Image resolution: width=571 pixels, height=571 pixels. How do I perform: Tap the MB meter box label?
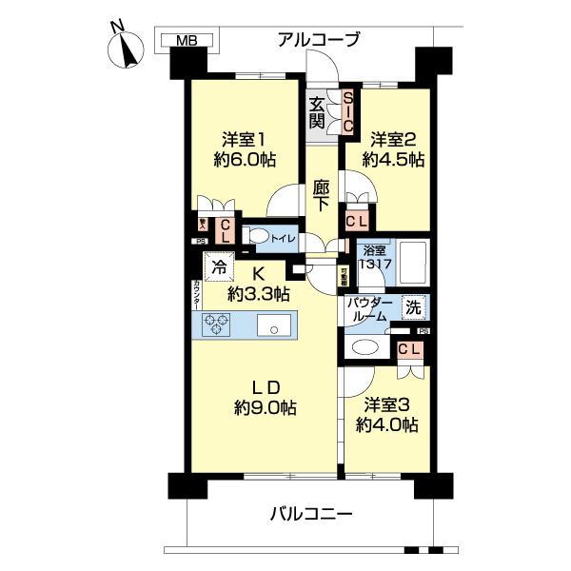187,40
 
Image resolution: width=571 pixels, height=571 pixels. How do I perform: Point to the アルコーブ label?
319,39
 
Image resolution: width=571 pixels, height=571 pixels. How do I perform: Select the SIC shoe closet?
348,111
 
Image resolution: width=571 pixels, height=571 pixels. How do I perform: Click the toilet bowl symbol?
257,236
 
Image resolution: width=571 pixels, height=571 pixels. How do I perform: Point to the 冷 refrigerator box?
220,268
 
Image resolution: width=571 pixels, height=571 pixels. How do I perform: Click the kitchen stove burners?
216,325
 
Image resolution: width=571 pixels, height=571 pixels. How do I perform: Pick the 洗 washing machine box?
413,307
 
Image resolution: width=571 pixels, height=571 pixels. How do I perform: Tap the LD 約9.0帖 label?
264,397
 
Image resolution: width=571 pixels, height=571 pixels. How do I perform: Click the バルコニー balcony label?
310,515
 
